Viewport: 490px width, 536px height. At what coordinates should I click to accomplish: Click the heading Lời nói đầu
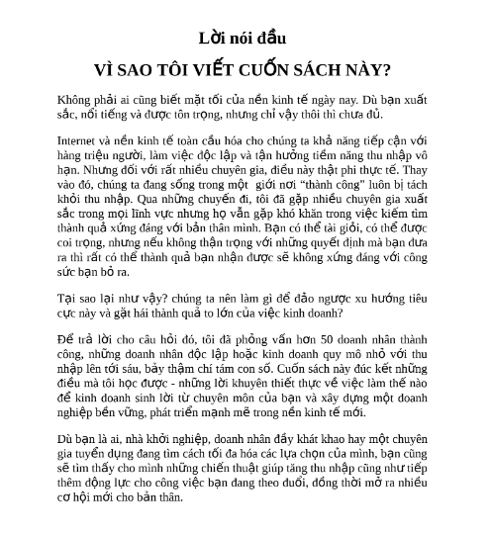243,39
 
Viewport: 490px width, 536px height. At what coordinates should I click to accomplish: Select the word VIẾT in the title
215,70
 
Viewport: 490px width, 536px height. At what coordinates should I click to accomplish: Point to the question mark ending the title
387,70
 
